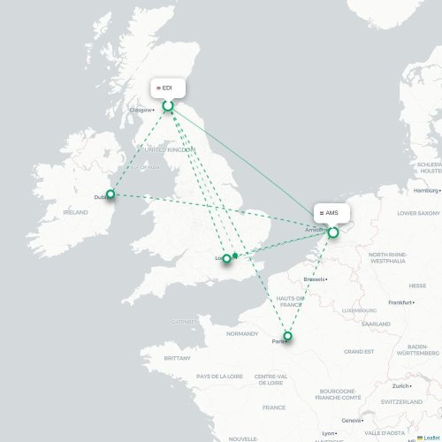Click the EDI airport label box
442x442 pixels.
(167, 88)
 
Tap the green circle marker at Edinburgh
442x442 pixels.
(168, 106)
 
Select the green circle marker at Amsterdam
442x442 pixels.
(333, 232)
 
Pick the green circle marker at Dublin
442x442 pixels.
(111, 194)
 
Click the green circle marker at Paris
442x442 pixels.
(287, 335)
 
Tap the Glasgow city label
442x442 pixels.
(141, 110)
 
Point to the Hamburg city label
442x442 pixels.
(425, 190)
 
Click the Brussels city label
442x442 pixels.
(314, 279)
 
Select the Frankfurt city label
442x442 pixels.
(400, 302)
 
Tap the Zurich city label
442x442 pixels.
(402, 386)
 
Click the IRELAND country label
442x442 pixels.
(75, 212)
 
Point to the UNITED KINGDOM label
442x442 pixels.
(169, 150)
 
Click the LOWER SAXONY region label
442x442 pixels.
(418, 213)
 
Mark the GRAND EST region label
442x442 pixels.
(358, 351)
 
